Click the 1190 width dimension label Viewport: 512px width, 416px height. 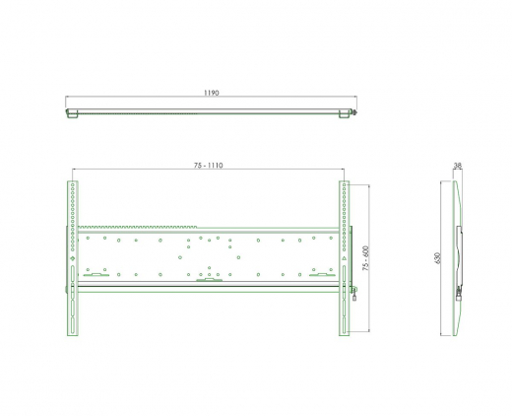(212, 93)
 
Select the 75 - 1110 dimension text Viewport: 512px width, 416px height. (208, 166)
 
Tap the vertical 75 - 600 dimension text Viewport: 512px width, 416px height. (365, 258)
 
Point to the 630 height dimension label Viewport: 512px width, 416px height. (437, 258)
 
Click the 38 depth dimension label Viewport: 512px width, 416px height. (458, 166)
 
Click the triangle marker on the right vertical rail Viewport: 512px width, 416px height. (344, 258)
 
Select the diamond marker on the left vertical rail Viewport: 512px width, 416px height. (73, 258)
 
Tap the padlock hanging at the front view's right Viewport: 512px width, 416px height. (354, 298)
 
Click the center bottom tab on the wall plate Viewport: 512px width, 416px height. (209, 280)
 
